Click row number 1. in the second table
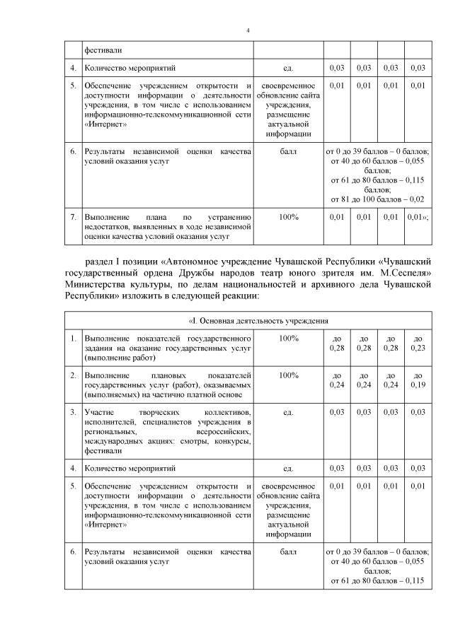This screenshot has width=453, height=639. [x=73, y=339]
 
